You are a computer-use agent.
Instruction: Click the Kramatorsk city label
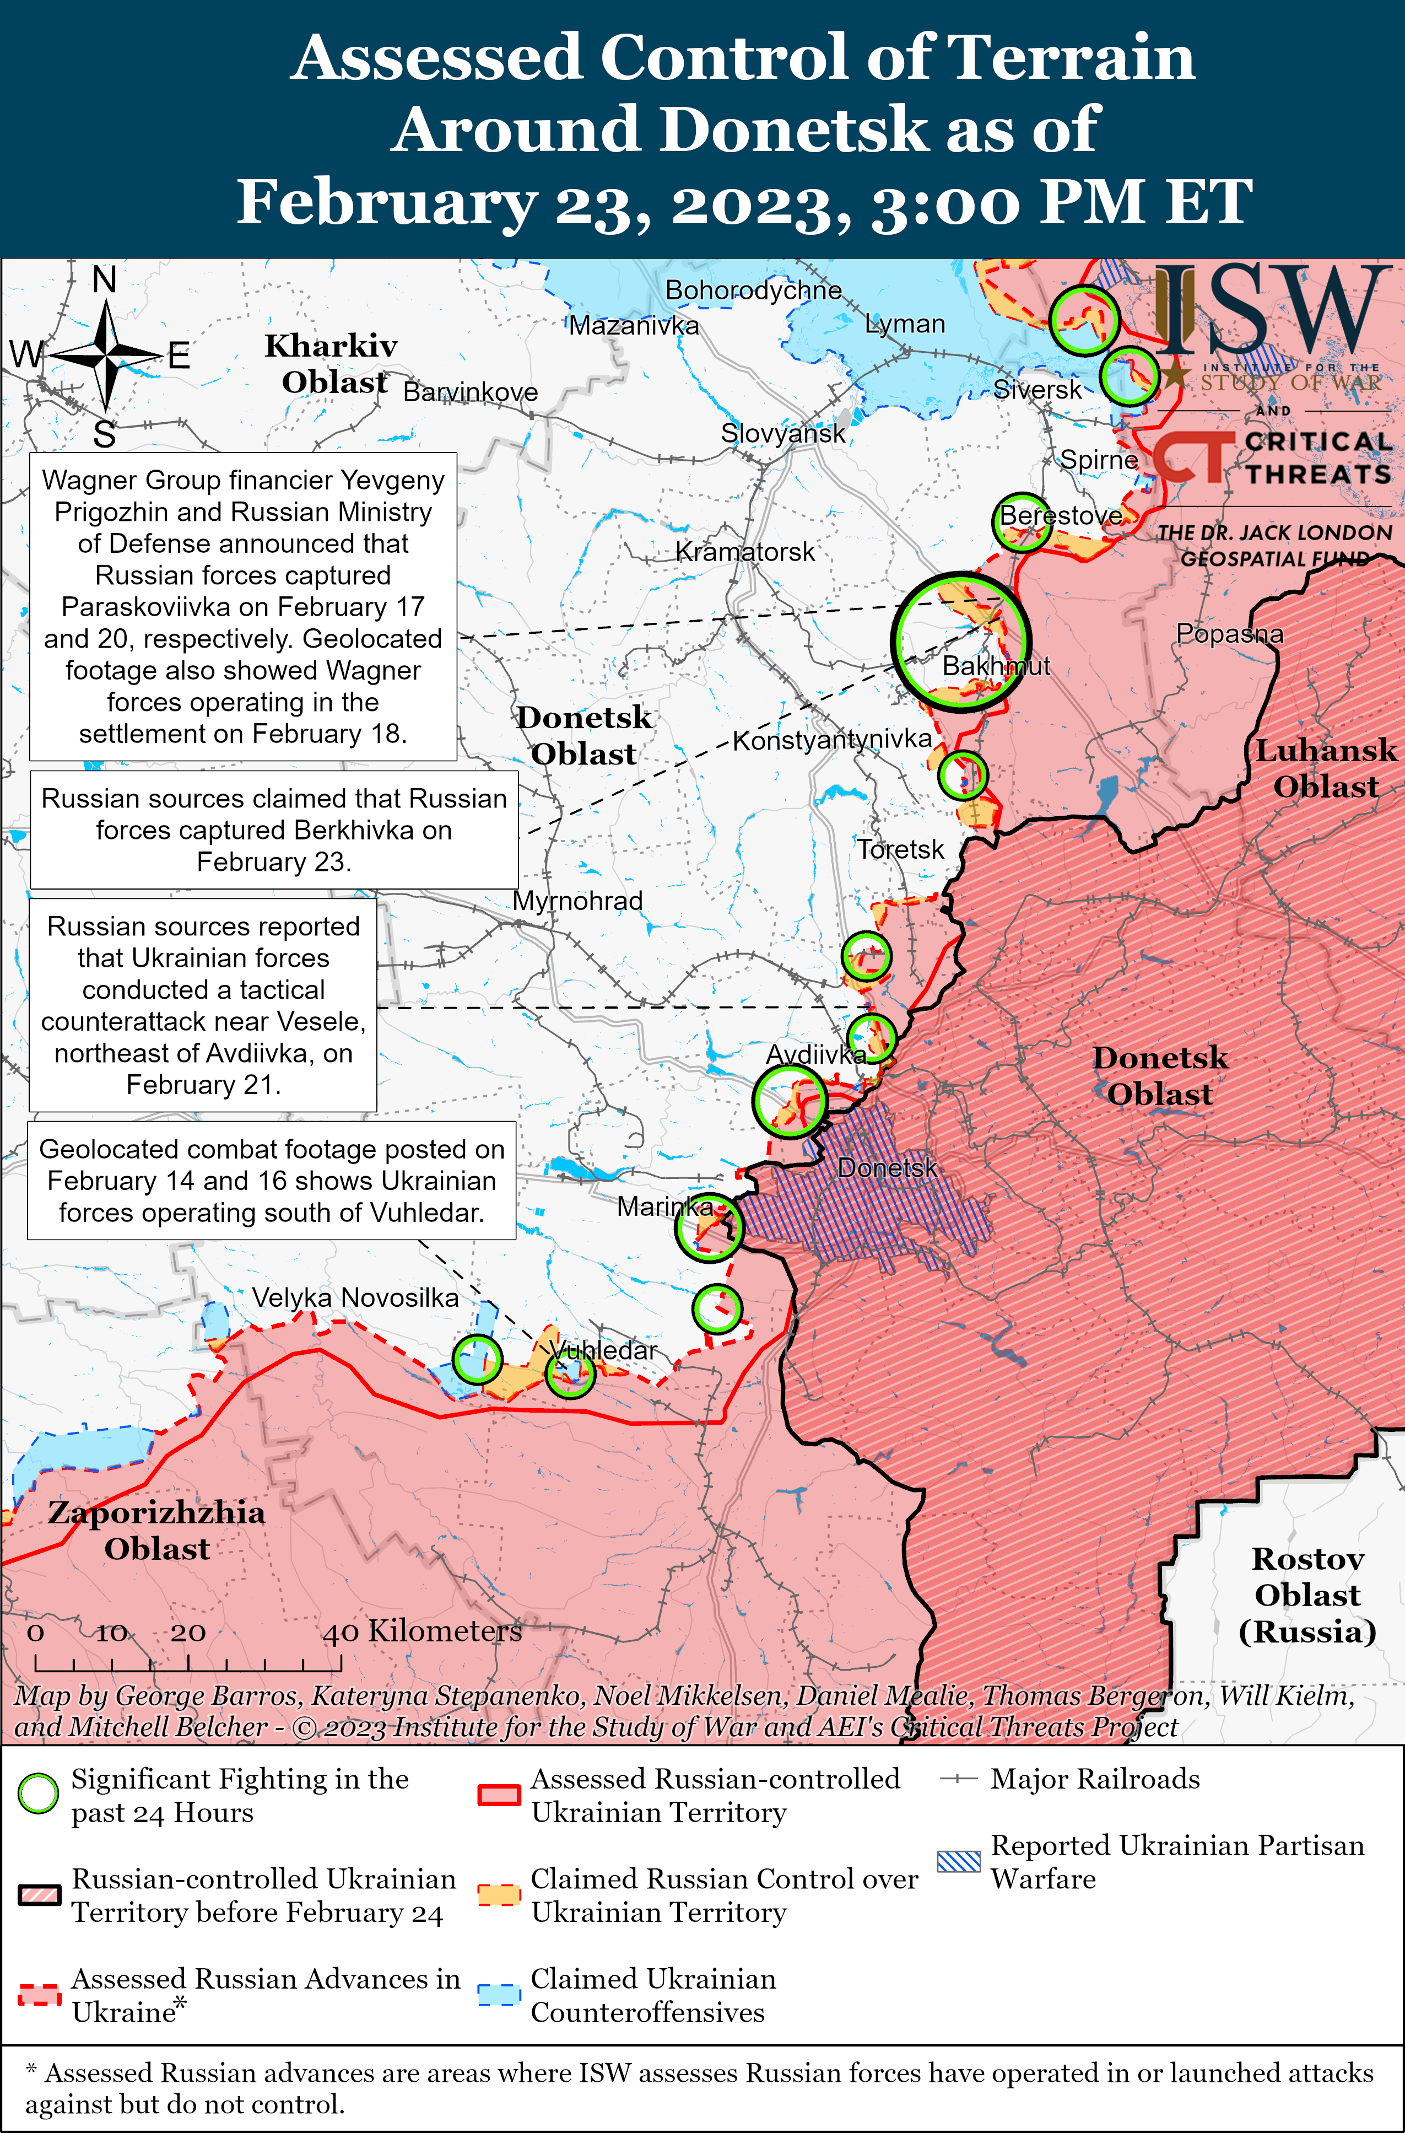pos(744,552)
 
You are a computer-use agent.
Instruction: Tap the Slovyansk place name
pos(782,434)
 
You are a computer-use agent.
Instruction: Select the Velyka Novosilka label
pos(355,1298)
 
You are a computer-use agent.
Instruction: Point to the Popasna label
pos(1229,634)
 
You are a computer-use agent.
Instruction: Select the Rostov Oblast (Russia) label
pos(1307,1595)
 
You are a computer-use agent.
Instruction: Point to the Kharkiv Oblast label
pos(332,364)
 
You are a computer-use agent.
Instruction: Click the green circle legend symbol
pos(39,1793)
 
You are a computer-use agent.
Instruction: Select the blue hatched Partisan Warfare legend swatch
pos(959,1861)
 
